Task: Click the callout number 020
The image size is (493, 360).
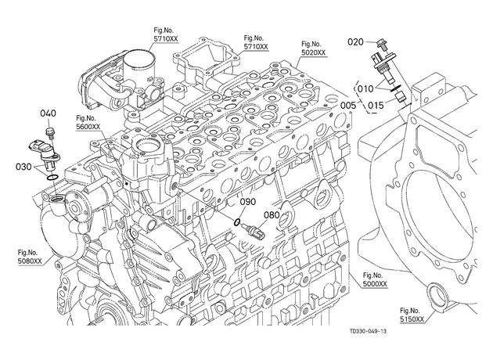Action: click(355, 41)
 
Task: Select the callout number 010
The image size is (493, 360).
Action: click(365, 89)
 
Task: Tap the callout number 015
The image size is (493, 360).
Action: click(376, 105)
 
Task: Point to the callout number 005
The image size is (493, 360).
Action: click(348, 105)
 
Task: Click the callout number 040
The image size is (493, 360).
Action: click(48, 113)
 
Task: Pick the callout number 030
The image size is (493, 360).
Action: click(23, 167)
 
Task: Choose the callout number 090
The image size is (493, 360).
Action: click(248, 202)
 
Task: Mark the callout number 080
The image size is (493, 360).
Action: click(272, 215)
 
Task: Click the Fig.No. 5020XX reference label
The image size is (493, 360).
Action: click(314, 49)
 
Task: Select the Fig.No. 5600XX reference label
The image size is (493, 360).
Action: click(88, 123)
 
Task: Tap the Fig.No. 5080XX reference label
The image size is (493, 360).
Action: click(30, 257)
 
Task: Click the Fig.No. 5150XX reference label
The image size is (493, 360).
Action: click(412, 315)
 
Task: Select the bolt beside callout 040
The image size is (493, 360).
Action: click(49, 132)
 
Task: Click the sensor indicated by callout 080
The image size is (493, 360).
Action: click(254, 230)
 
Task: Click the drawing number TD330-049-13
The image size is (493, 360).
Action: click(368, 331)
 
